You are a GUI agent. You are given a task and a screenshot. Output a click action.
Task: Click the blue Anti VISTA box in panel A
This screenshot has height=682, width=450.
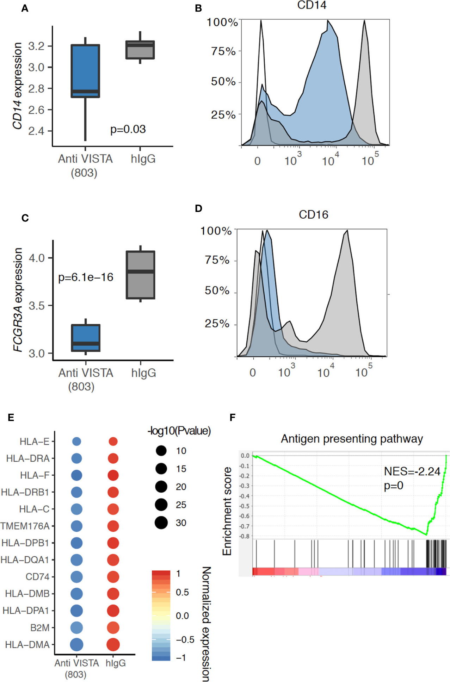click(x=85, y=70)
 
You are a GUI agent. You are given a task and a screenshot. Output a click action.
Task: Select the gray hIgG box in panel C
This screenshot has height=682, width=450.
click(x=140, y=275)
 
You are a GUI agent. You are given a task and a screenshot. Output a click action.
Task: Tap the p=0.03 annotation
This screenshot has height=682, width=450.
click(x=128, y=129)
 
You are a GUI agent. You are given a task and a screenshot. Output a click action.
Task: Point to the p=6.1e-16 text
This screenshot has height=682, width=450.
click(x=86, y=277)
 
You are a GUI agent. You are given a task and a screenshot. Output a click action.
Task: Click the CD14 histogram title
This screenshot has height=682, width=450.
click(x=312, y=5)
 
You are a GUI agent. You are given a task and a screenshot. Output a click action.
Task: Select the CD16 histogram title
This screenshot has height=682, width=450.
click(x=313, y=214)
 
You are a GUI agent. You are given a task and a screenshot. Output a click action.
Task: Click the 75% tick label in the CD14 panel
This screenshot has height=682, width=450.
click(x=223, y=51)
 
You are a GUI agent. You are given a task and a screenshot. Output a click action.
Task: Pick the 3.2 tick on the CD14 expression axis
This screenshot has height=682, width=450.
click(x=36, y=46)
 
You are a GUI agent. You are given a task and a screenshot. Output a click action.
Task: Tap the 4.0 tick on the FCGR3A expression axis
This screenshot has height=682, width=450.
click(x=37, y=258)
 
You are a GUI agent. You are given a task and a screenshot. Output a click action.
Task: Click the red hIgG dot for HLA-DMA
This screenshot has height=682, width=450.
click(x=113, y=644)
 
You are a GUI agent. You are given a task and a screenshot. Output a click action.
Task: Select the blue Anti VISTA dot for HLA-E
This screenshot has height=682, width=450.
click(x=76, y=441)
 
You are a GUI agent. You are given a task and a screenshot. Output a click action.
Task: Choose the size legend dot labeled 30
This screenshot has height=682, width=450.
click(x=161, y=523)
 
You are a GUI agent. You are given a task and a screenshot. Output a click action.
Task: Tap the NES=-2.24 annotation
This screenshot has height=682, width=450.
click(x=412, y=471)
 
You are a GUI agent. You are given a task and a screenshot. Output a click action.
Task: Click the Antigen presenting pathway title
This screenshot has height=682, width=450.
click(x=352, y=439)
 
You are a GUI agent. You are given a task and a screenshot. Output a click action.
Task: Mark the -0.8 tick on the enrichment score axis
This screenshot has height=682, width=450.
click(x=245, y=536)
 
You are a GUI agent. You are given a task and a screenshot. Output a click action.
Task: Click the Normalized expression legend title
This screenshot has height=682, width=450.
click(x=206, y=624)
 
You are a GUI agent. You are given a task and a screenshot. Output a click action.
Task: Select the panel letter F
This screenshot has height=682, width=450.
click(x=232, y=417)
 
